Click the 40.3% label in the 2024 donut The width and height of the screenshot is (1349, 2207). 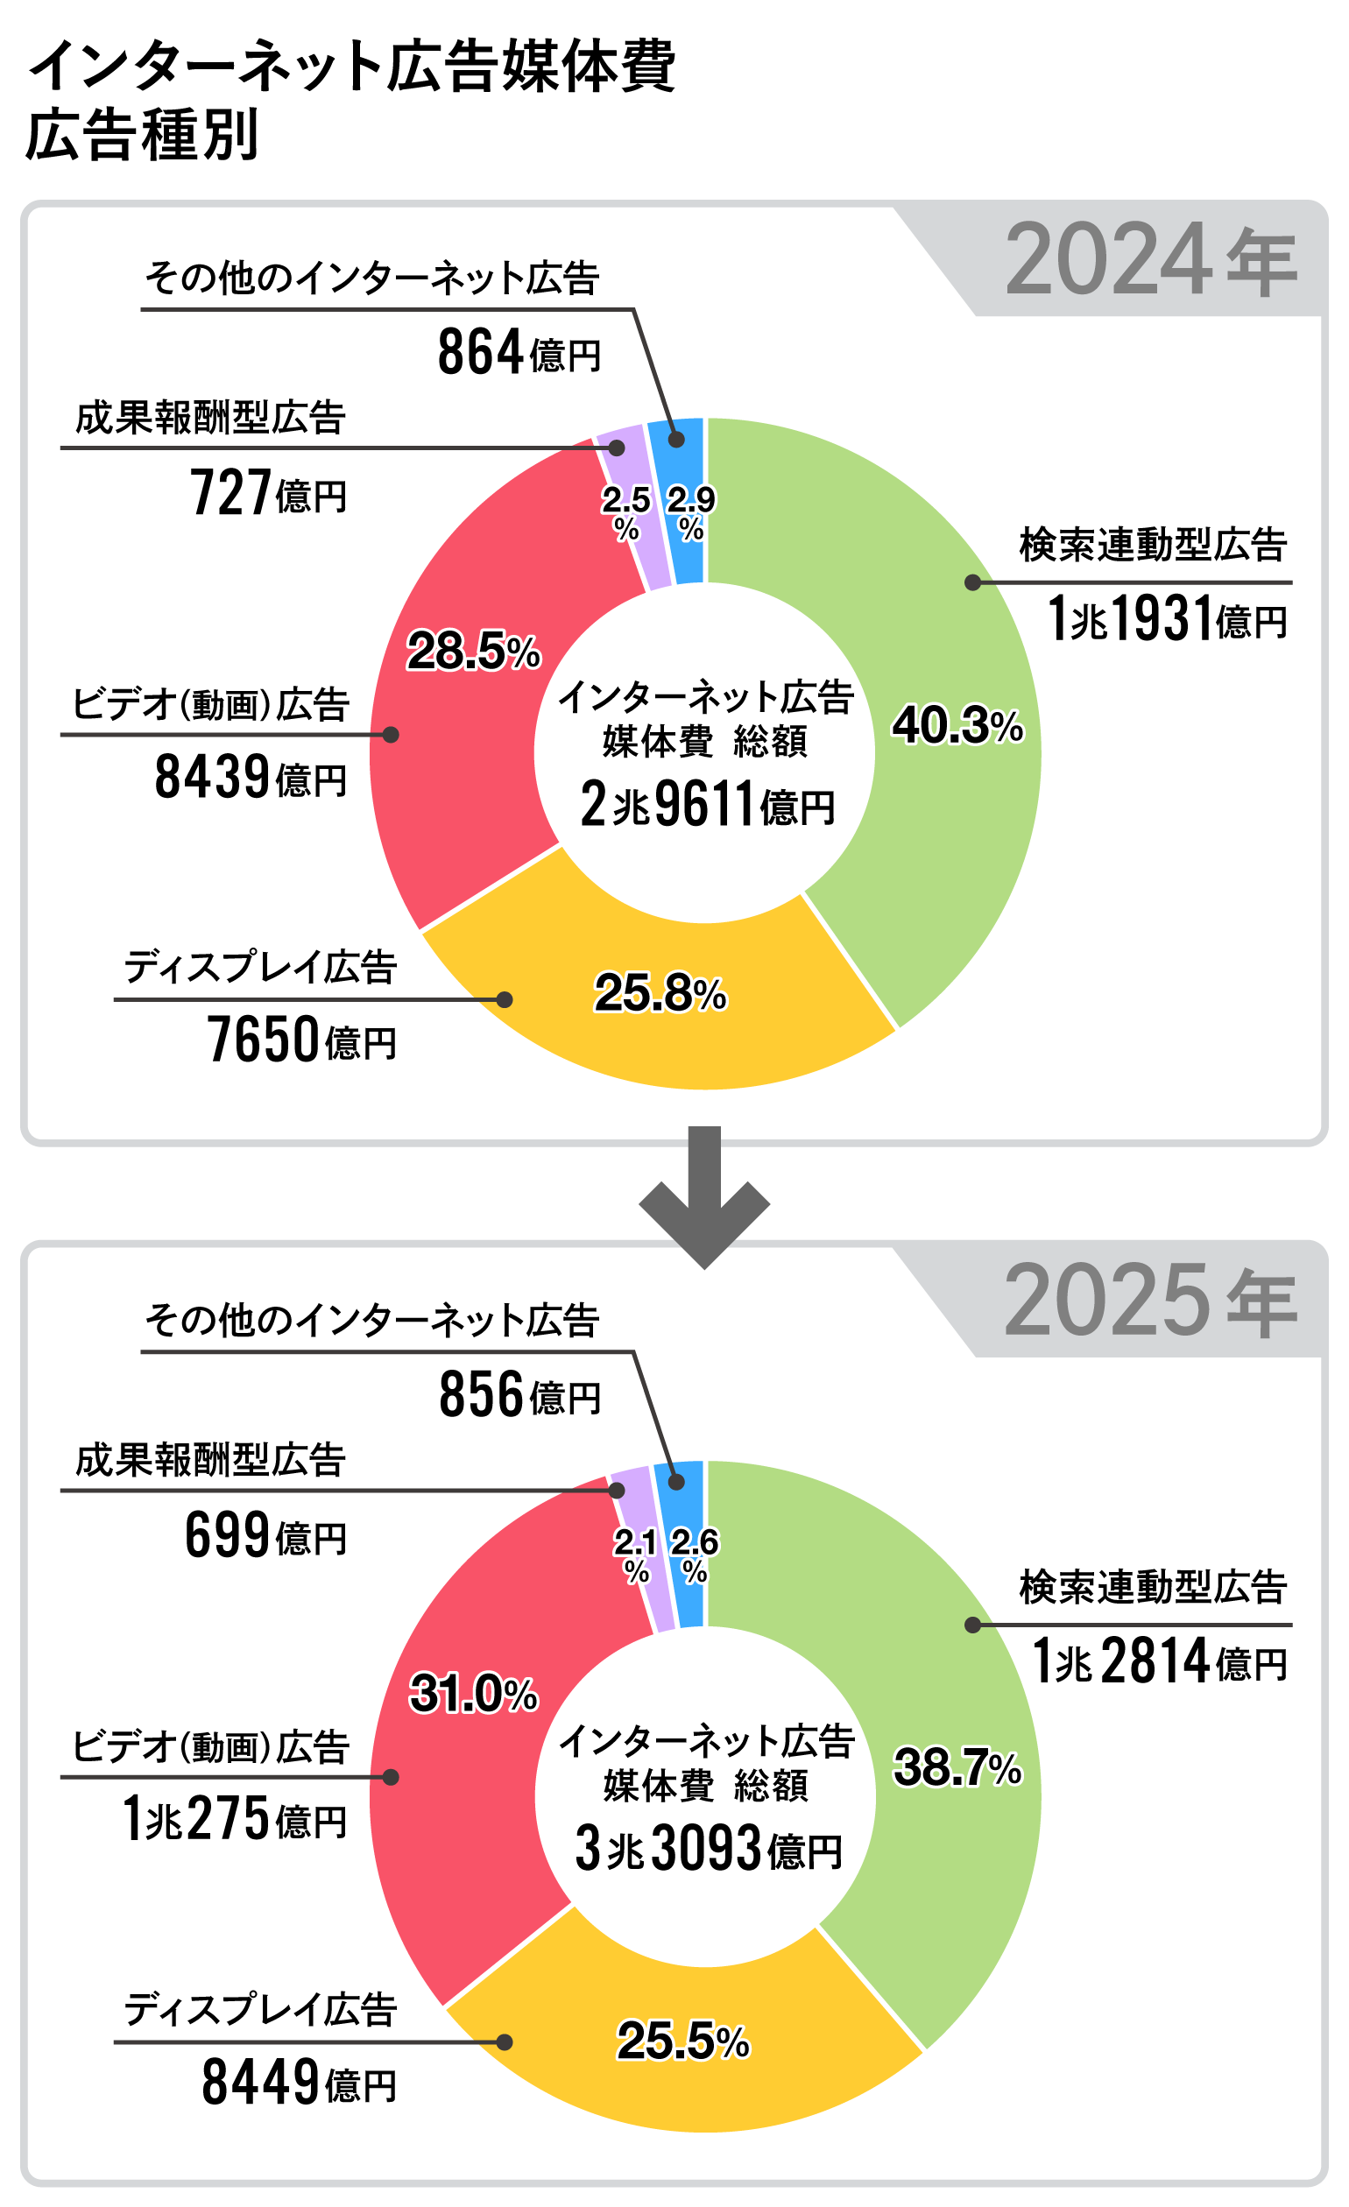[957, 725]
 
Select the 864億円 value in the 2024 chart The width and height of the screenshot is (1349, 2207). [519, 352]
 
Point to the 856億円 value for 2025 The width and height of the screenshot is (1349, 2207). [519, 1394]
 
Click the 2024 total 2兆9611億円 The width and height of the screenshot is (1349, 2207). [707, 803]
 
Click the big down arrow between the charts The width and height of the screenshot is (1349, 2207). [704, 1195]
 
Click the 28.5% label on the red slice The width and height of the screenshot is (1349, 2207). [474, 652]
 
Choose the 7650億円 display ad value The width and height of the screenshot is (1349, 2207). [301, 1040]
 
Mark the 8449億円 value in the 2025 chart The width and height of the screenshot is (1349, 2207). [299, 2083]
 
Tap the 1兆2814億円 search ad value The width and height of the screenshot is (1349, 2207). [1160, 1661]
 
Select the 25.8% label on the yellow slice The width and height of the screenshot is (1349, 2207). [660, 993]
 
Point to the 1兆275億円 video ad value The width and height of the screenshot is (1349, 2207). [235, 1818]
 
